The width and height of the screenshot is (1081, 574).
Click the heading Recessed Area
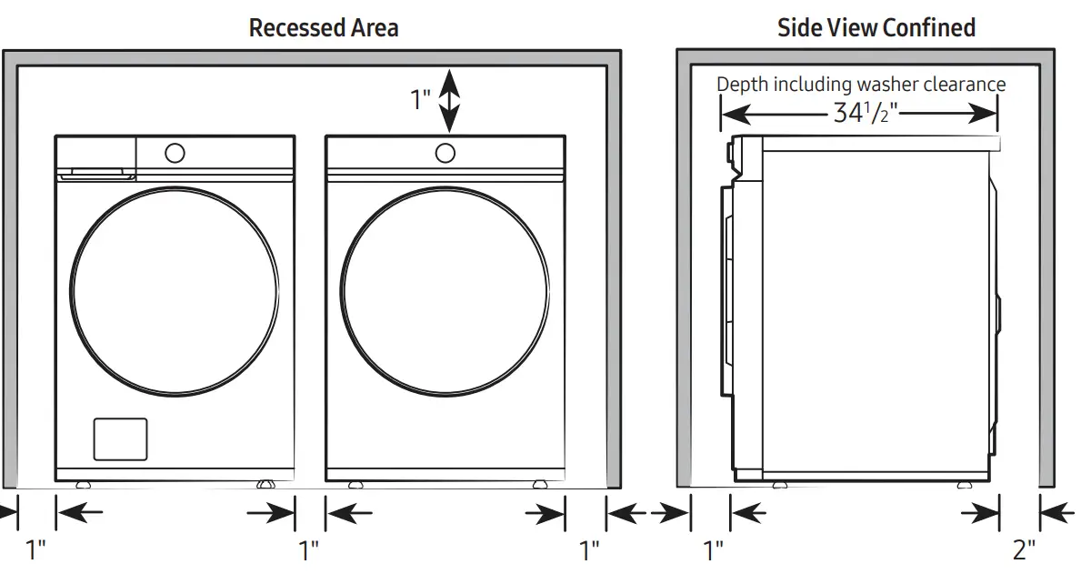click(x=323, y=27)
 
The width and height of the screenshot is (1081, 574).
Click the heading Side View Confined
click(x=876, y=27)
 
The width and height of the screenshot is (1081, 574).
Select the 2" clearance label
click(x=1024, y=549)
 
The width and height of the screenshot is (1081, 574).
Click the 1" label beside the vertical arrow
click(x=420, y=99)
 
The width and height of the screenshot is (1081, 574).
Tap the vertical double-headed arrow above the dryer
click(x=448, y=102)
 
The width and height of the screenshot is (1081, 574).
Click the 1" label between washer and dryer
click(x=309, y=549)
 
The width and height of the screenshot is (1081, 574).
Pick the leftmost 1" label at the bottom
click(x=35, y=549)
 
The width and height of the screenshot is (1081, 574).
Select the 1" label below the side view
click(x=713, y=549)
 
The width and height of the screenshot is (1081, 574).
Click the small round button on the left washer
click(x=174, y=152)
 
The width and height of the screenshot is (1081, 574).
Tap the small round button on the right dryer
click(x=445, y=152)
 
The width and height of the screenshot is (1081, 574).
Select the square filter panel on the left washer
click(x=120, y=438)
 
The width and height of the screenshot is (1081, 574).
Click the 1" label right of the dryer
click(x=589, y=549)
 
